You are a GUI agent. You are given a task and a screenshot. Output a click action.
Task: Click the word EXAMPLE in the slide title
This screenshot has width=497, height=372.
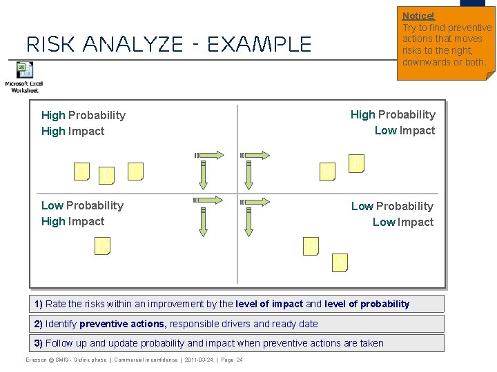(260, 45)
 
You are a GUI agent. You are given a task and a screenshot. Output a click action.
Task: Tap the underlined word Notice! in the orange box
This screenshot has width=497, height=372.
(418, 16)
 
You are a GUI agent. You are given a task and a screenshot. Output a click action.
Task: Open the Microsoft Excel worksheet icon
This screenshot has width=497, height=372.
(25, 70)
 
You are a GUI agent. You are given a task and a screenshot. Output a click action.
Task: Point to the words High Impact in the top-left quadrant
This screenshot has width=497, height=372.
(72, 131)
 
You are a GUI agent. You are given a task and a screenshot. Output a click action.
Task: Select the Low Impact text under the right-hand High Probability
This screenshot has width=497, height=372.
(405, 130)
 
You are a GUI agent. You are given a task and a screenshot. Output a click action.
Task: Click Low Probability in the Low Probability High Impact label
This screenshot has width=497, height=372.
(82, 205)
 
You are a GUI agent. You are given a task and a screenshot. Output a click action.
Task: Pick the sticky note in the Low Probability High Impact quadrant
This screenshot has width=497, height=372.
(102, 246)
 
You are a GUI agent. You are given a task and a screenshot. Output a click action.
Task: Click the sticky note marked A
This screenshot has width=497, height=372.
(339, 262)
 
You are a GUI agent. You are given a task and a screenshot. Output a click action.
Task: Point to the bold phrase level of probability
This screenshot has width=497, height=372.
(367, 304)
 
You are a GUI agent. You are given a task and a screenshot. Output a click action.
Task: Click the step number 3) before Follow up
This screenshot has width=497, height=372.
(39, 343)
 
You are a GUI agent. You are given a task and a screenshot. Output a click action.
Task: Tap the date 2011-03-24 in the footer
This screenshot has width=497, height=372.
(199, 360)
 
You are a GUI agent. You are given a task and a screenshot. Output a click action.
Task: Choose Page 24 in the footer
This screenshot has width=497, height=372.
(231, 360)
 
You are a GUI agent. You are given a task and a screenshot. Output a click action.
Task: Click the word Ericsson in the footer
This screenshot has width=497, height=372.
(39, 360)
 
